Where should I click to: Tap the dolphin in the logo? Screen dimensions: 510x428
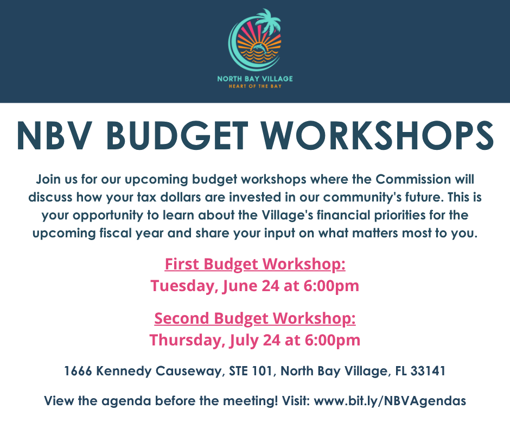pos(260,48)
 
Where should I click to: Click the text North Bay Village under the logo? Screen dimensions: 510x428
pos(255,79)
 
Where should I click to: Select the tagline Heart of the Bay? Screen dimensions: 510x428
pos(255,86)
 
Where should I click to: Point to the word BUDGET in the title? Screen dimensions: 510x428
pos(177,135)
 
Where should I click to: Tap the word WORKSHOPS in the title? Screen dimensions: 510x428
pos(378,135)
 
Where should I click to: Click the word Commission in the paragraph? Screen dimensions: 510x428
pos(413,179)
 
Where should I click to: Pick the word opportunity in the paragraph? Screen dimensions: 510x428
pos(108,215)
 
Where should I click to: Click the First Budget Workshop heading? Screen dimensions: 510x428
pos(255,264)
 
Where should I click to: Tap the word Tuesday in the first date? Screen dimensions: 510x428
pos(184,286)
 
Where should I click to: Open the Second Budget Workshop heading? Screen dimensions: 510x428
pos(255,319)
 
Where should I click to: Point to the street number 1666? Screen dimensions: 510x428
pos(78,371)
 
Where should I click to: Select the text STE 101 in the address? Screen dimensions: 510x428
pos(251,371)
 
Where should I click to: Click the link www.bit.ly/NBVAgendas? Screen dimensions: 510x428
pos(390,401)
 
